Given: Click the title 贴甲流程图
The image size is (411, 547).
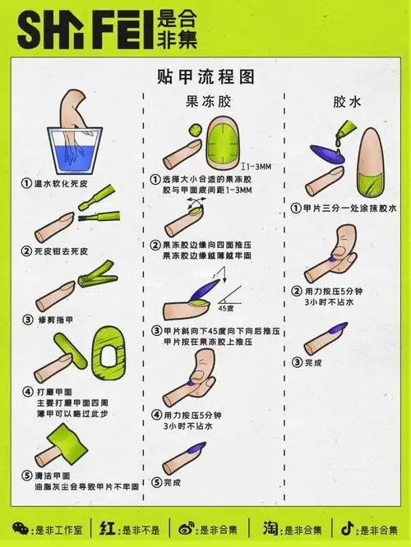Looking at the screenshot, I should (205, 76).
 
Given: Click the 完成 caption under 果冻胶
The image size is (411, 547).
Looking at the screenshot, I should (173, 482).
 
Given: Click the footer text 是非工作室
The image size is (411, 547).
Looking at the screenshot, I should (54, 527).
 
